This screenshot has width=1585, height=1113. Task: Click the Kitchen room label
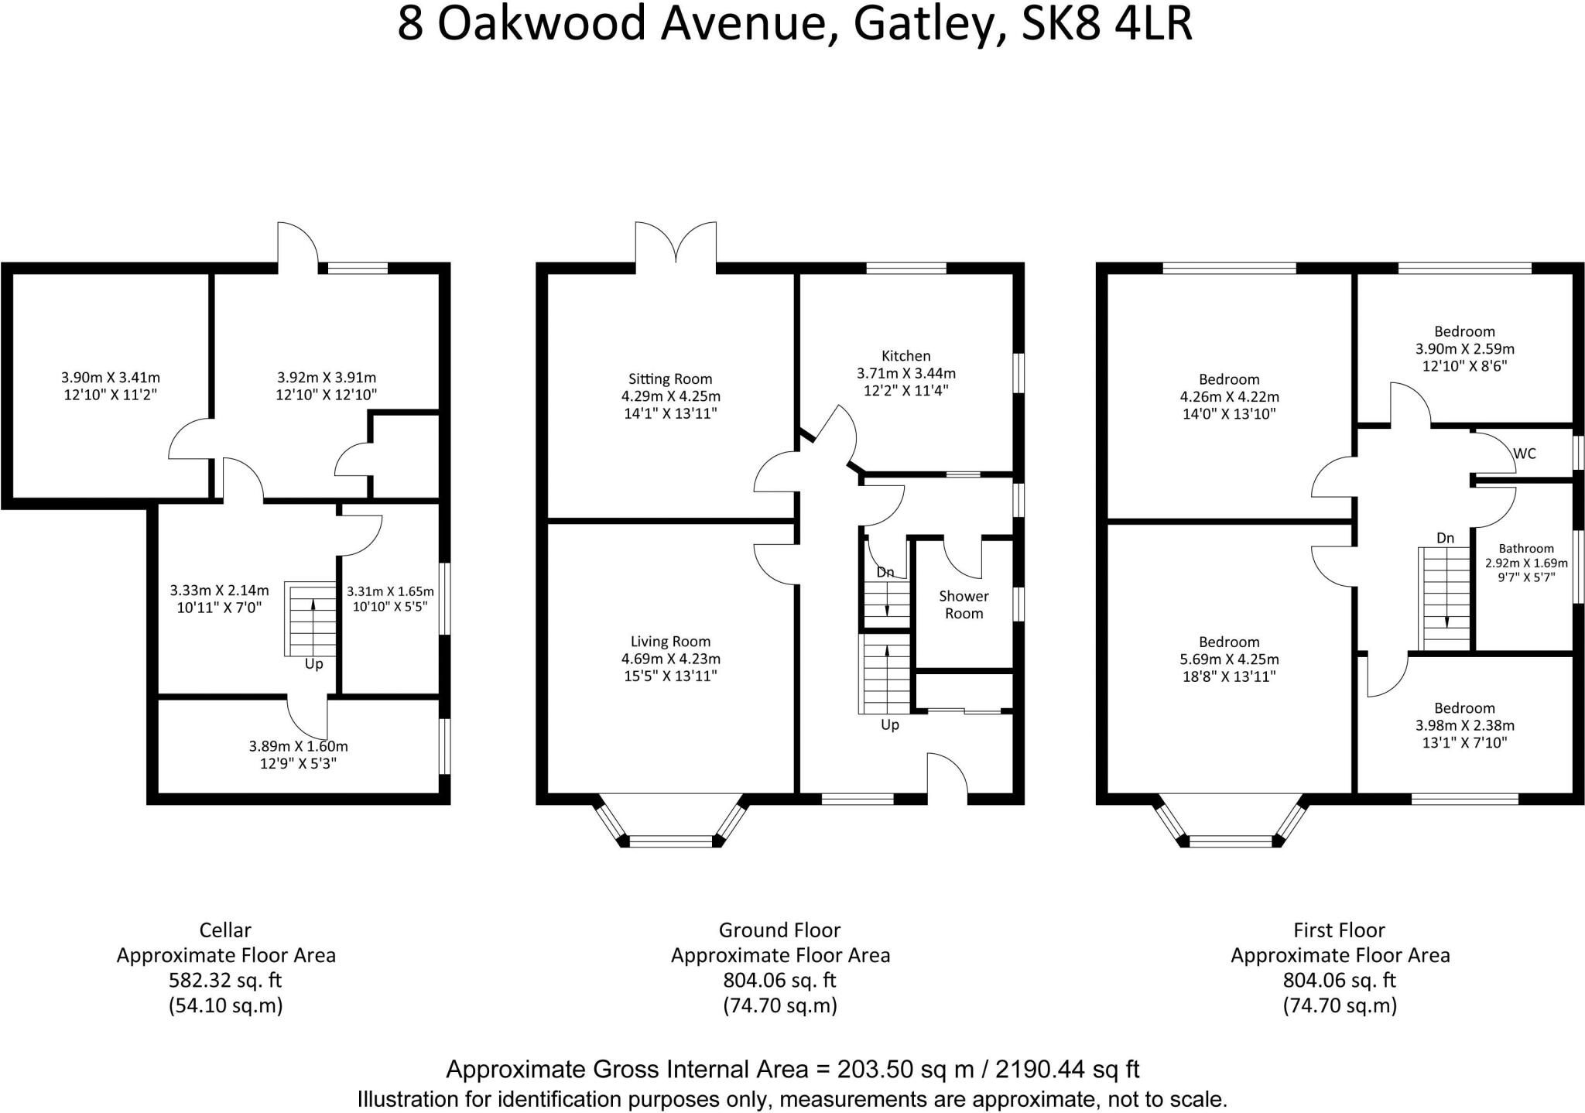click(905, 356)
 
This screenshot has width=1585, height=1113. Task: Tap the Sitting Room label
click(670, 379)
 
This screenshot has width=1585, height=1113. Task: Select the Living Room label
click(670, 642)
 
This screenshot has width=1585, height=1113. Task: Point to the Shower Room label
click(964, 604)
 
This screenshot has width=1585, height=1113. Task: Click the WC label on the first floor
click(1524, 454)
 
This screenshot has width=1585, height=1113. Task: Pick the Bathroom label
click(1525, 549)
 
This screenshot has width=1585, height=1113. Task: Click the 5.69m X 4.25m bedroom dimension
click(1229, 659)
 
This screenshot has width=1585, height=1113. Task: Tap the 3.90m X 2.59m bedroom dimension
click(1464, 348)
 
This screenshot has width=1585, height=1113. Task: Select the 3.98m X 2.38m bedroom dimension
click(1464, 725)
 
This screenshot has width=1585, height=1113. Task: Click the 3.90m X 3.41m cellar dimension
click(111, 378)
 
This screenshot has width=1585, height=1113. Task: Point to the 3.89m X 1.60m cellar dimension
click(298, 747)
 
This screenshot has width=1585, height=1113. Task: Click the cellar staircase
click(312, 619)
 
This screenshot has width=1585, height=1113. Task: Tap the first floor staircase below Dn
click(1444, 598)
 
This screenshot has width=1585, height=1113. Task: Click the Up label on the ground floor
click(890, 725)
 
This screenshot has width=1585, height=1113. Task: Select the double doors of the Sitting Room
click(676, 244)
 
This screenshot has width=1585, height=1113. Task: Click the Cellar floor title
click(225, 930)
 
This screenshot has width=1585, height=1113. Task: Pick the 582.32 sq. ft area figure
click(225, 981)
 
